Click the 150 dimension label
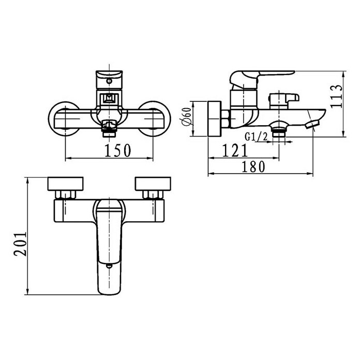pyautogui.click(x=118, y=151)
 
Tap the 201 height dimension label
pyautogui.click(x=20, y=244)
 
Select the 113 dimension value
pyautogui.click(x=336, y=96)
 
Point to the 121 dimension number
pyautogui.click(x=235, y=151)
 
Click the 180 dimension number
pyautogui.click(x=253, y=167)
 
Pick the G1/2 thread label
pyautogui.click(x=256, y=137)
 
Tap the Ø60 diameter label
pyautogui.click(x=186, y=117)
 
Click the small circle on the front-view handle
pyautogui.click(x=110, y=81)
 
